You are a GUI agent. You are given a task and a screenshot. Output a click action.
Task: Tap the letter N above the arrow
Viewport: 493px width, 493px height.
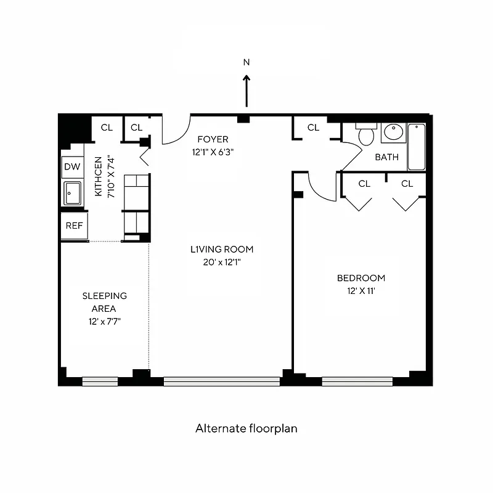point(246,62)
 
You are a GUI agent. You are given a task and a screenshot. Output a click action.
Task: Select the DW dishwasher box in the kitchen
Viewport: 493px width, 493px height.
point(72,167)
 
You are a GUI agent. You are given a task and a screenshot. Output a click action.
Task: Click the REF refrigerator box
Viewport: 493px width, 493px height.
point(74,226)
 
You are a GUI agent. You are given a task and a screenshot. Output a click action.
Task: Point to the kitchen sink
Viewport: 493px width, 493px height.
point(73,194)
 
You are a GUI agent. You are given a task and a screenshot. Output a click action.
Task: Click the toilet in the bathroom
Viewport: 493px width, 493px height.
point(366,134)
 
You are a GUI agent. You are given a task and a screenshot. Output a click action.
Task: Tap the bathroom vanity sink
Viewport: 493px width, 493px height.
point(393,132)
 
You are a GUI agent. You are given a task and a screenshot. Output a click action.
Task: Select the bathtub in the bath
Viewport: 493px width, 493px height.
point(417,147)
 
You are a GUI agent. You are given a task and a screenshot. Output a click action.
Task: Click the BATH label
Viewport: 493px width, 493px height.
point(386,157)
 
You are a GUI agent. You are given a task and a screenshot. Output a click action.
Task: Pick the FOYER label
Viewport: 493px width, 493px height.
point(213,139)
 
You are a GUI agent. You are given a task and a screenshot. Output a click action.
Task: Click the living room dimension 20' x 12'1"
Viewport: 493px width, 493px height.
point(221,261)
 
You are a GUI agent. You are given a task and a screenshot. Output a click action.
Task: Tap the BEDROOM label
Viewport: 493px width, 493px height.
point(361,278)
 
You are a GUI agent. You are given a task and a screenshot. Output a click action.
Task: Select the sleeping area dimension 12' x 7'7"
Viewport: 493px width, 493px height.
point(104,320)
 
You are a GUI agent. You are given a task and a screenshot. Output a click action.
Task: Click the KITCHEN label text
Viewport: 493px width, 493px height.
point(98,176)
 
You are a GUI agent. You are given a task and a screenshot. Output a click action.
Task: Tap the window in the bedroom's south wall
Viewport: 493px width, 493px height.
point(357,381)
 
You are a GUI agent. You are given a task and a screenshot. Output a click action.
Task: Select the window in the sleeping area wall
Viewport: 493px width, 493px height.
point(100,381)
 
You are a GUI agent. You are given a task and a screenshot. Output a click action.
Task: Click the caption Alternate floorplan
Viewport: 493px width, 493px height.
point(246,428)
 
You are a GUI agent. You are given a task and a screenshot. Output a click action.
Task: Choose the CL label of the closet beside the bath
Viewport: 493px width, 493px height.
point(313,128)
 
